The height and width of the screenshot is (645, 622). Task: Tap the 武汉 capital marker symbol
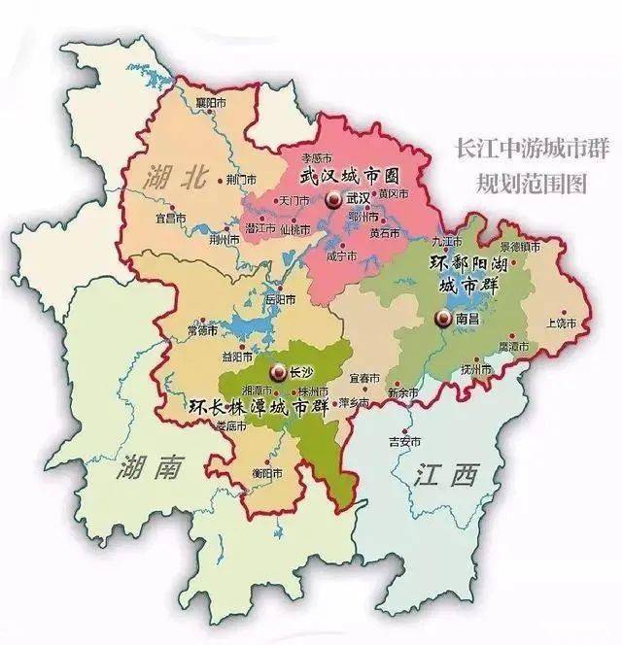pyautogui.click(x=333, y=199)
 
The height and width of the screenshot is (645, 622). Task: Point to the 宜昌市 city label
pyautogui.click(x=170, y=216)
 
